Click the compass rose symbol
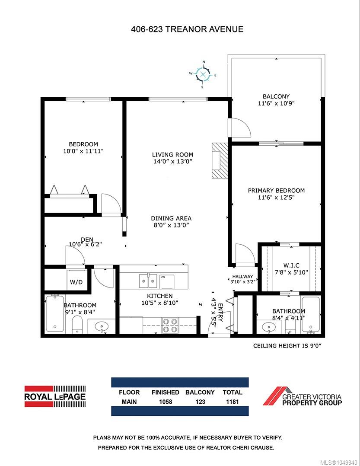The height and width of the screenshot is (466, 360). [203, 74]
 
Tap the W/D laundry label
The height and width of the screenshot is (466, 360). [76, 282]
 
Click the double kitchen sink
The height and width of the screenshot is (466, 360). [148, 281]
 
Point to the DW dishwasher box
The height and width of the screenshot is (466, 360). [167, 281]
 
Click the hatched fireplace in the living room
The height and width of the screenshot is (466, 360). [220, 160]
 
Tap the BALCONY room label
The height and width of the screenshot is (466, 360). [276, 96]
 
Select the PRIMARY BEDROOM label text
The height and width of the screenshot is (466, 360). [276, 191]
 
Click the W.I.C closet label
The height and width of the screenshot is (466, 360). [291, 265]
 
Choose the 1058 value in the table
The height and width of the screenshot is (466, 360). [166, 402]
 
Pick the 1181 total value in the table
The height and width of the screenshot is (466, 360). [232, 402]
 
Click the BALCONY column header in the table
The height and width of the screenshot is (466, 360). [200, 393]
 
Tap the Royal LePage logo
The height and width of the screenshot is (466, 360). [55, 396]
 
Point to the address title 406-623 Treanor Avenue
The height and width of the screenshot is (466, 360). [187, 29]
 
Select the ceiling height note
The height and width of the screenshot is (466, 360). [287, 346]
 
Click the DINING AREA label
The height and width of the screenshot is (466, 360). [171, 218]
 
